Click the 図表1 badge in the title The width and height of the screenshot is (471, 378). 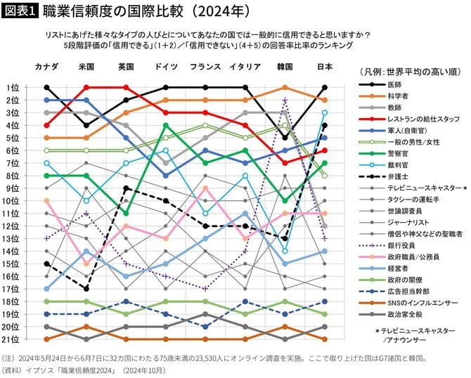20,11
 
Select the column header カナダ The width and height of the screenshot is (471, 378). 46,67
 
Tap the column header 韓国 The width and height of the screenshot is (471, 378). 285,67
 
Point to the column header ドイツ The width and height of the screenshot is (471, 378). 165,67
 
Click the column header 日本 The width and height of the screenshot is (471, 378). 324,67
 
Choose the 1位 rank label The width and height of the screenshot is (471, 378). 14,88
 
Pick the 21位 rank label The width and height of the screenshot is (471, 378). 14,339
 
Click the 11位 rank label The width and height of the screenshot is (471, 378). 14,214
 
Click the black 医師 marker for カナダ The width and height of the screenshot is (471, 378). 46,88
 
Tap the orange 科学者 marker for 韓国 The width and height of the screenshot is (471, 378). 285,88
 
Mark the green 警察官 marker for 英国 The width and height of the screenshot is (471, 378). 126,213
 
